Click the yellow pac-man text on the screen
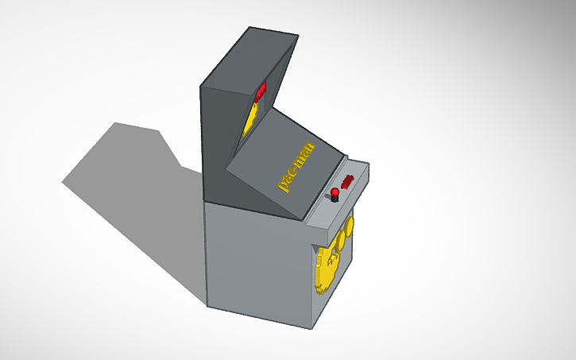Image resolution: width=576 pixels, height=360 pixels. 296,167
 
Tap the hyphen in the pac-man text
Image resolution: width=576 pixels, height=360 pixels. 296,168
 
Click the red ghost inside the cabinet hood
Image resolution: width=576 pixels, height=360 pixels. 260,92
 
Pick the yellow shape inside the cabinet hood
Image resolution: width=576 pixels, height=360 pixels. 250,119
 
